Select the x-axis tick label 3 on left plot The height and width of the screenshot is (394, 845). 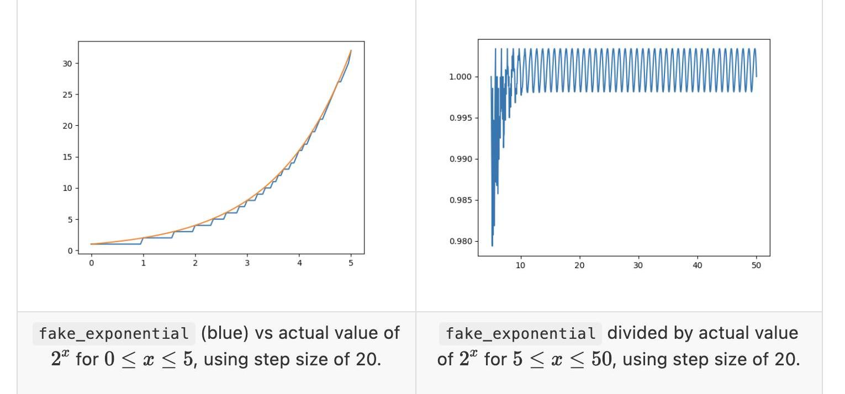[247, 263]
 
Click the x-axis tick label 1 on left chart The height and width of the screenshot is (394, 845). [143, 263]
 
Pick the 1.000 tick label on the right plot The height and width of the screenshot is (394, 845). [460, 77]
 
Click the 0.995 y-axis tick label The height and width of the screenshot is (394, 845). [460, 118]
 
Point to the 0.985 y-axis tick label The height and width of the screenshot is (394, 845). [460, 200]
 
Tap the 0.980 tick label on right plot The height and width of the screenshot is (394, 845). [460, 241]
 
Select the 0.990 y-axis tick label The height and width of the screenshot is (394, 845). [460, 159]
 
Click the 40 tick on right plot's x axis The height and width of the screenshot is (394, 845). [698, 265]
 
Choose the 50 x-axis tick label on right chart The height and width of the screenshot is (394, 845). [756, 265]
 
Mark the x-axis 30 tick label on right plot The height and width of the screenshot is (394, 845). [638, 265]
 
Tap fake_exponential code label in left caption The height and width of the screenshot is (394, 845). [114, 334]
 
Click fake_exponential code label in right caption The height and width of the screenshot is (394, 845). [520, 334]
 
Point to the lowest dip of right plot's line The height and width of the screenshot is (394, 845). [492, 246]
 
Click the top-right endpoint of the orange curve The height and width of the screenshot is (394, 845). [351, 50]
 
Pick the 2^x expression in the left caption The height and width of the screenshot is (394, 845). [60, 359]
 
